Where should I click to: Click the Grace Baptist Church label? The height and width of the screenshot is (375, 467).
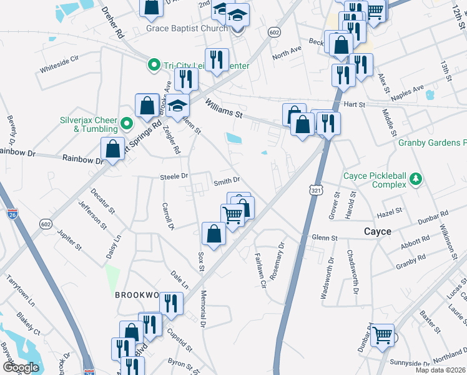click(x=187, y=28)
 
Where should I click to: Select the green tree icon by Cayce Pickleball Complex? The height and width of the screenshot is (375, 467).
click(x=415, y=181)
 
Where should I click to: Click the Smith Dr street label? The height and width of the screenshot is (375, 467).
click(x=227, y=181)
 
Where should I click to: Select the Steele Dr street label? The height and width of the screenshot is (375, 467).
click(x=174, y=176)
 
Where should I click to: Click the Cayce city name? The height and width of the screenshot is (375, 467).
click(x=378, y=231)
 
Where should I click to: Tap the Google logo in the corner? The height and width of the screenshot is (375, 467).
click(x=21, y=367)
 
